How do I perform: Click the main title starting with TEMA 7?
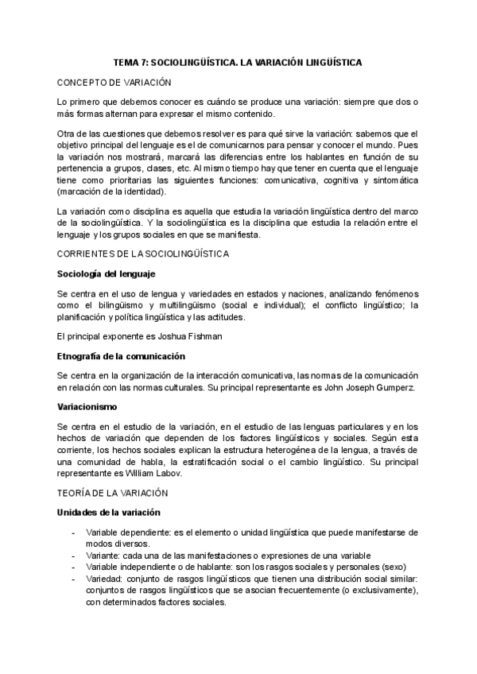[238, 62]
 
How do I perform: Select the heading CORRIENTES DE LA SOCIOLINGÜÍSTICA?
[144, 254]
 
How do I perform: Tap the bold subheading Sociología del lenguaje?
[111, 273]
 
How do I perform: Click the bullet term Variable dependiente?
[125, 533]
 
